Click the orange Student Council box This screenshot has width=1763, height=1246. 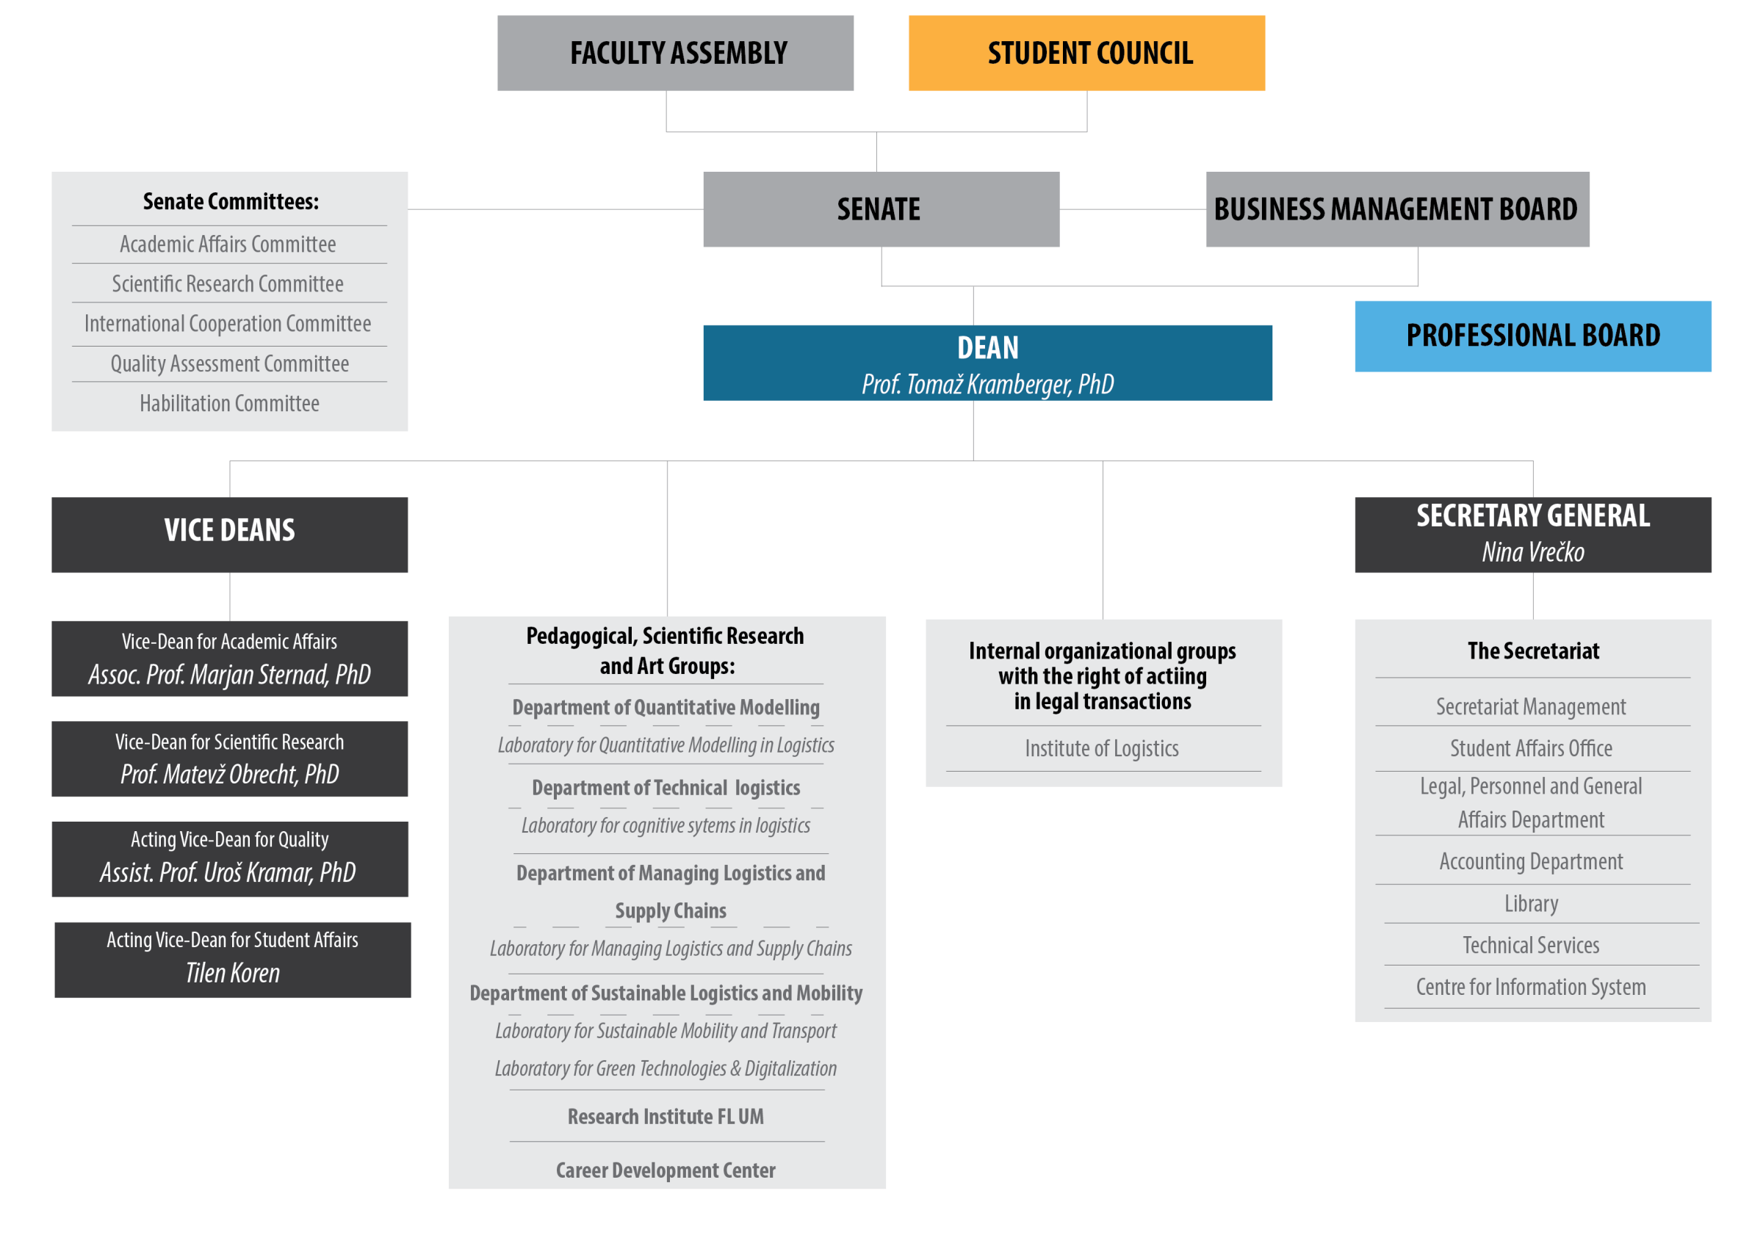click(x=1086, y=53)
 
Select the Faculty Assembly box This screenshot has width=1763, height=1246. click(x=675, y=53)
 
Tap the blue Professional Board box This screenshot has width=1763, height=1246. click(x=1532, y=336)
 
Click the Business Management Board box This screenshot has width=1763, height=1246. click(x=1397, y=209)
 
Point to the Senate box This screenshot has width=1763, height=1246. click(x=881, y=209)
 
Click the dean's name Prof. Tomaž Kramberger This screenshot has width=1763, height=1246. click(x=987, y=384)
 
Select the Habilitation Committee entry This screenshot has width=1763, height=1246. click(x=230, y=403)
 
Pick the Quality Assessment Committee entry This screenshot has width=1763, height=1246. click(x=230, y=364)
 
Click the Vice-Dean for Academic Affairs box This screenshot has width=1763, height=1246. click(x=230, y=659)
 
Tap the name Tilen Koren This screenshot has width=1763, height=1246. click(x=233, y=973)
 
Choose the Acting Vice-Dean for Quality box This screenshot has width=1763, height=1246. click(x=230, y=859)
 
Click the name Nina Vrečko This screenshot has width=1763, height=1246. click(x=1532, y=552)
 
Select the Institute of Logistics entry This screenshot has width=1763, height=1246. click(x=1102, y=748)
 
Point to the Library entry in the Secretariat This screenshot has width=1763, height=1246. click(x=1531, y=904)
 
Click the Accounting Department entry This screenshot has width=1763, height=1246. click(x=1531, y=862)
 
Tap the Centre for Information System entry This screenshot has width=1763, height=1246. click(x=1531, y=987)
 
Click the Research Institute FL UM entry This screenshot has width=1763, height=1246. click(x=666, y=1116)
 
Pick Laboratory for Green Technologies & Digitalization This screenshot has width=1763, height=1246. click(x=666, y=1068)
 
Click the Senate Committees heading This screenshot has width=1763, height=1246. click(x=231, y=201)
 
